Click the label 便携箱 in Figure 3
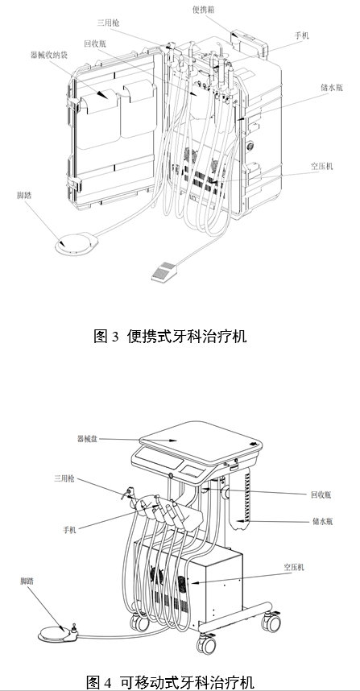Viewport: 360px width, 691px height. click(205, 9)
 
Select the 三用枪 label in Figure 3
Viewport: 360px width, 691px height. click(109, 25)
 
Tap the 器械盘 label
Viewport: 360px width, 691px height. click(89, 438)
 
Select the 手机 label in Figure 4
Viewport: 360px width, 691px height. click(72, 529)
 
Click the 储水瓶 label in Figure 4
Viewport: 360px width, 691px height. click(324, 522)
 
